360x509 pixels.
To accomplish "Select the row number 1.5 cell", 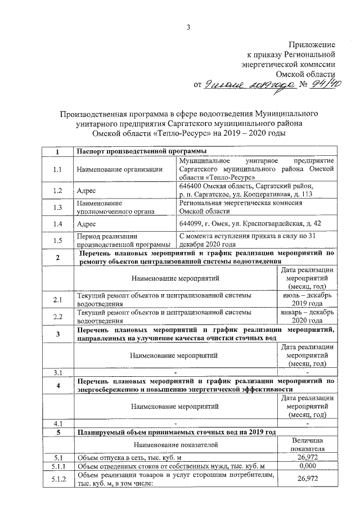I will coord(57,241).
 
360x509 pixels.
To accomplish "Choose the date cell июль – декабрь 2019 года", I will coord(308,299).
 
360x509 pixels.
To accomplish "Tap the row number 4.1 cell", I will coord(57,422).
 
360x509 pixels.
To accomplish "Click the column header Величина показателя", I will coord(308,444).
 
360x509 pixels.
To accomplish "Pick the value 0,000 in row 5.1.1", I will coord(308,466).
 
